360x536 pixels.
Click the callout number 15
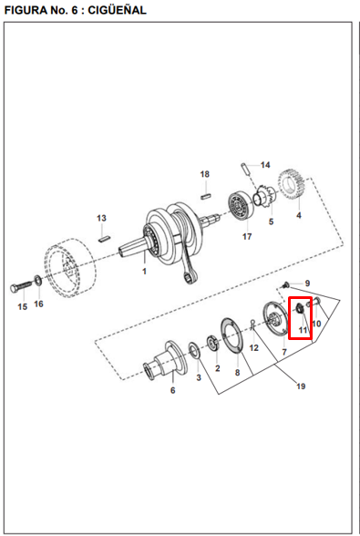[x=23, y=306]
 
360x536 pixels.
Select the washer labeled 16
[x=38, y=281]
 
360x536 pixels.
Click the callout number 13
[x=101, y=218]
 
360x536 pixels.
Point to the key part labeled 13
[x=103, y=238]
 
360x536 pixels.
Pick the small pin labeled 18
[x=205, y=196]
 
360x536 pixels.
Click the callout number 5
[x=271, y=222]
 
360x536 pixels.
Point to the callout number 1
[x=144, y=271]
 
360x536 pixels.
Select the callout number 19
[x=301, y=387]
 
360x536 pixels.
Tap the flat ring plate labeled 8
[x=232, y=337]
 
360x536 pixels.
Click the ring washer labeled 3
[x=195, y=350]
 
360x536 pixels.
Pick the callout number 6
[x=173, y=390]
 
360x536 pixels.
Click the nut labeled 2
[x=213, y=344]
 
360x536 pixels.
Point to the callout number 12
[x=253, y=347]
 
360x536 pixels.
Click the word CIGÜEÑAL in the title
[x=117, y=10]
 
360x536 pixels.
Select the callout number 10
[x=316, y=324]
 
